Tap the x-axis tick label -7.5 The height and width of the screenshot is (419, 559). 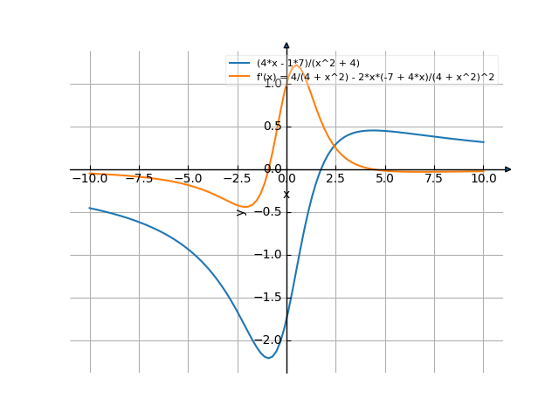pos(138,178)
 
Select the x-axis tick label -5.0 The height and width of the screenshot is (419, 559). pos(187,178)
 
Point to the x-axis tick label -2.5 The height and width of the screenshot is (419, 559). pos(237,178)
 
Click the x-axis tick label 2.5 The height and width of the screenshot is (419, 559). pos(335,178)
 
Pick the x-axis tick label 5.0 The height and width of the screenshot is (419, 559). pos(384,178)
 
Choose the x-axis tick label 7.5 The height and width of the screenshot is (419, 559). pos(434,178)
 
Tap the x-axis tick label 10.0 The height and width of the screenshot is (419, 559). pos(483,178)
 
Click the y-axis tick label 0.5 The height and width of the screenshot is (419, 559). pos(273,127)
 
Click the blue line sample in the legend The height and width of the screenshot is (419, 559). pos(239,64)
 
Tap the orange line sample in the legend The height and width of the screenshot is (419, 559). pos(239,77)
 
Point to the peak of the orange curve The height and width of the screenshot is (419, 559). pos(295,65)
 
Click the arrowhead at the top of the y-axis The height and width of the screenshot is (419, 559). pos(286,45)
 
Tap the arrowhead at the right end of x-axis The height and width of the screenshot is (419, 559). pos(508,169)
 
